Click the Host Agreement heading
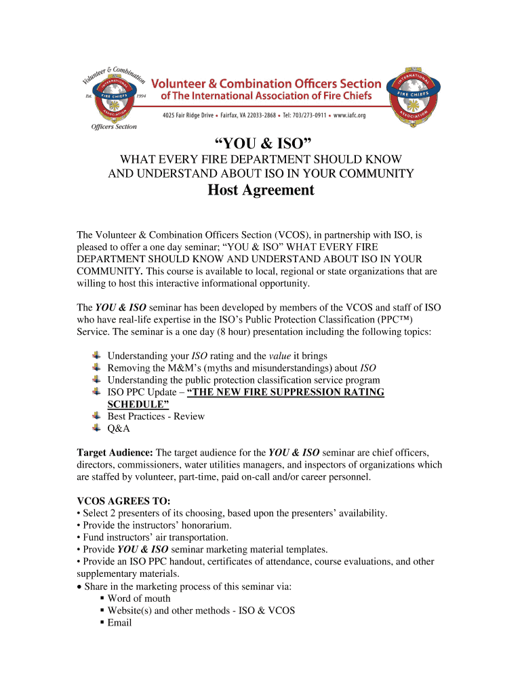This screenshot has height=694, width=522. point(261,190)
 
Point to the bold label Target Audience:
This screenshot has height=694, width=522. point(115,452)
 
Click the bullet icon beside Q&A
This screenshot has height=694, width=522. point(96,428)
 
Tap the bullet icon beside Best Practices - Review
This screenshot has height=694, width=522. point(96,416)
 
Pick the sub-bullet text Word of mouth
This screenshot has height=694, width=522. point(139,598)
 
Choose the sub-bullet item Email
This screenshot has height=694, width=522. point(119,623)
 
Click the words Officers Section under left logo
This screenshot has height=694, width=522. point(114,126)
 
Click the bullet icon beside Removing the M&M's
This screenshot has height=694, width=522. point(96,367)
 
